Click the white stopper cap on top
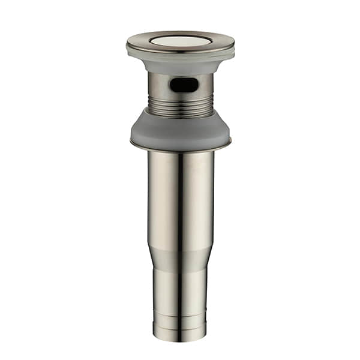(180, 41)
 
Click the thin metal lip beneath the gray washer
(180, 148)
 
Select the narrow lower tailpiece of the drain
(180, 294)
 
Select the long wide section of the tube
(192, 198)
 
